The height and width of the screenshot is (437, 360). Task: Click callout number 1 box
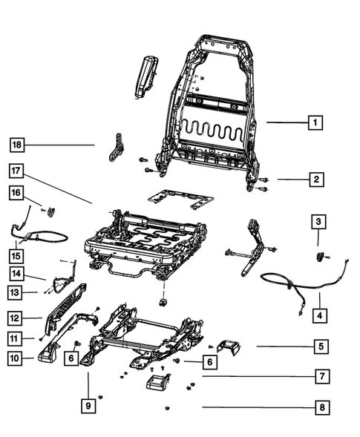pos(315,122)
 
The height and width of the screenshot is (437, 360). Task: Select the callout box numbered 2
pos(315,179)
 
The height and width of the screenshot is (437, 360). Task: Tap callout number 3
pos(317,222)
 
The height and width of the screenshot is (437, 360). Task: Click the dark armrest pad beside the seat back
pos(145,75)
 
